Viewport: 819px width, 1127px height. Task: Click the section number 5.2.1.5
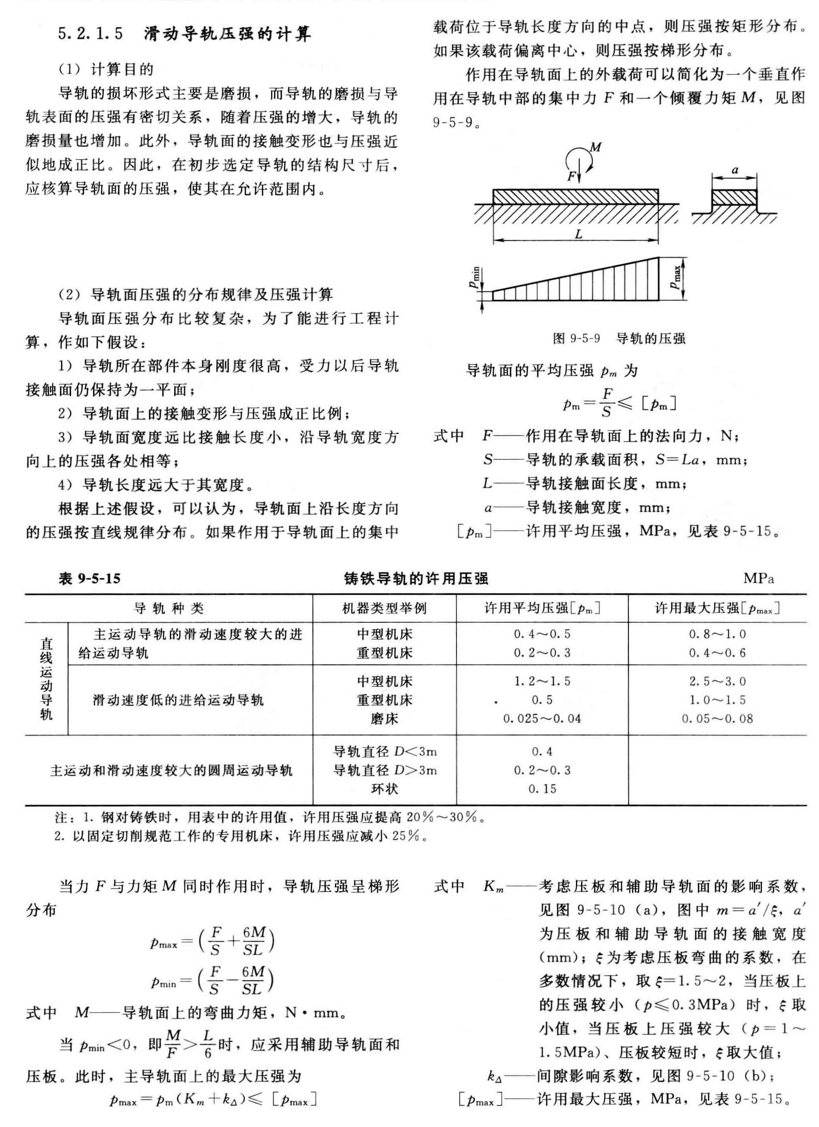[x=91, y=35]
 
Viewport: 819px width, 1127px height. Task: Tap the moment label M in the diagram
[x=595, y=147]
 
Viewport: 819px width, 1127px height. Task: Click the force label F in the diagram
[x=572, y=176]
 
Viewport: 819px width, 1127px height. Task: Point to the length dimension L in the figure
[x=578, y=234]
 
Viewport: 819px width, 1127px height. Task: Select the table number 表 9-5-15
[x=90, y=578]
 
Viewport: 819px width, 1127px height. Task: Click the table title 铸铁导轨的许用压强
[x=416, y=578]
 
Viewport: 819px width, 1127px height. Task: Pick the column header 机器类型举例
[x=384, y=608]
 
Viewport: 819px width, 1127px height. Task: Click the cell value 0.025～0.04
[x=542, y=718]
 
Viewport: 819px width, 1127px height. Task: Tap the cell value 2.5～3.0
[x=717, y=681]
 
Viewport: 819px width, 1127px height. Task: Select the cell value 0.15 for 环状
[x=542, y=789]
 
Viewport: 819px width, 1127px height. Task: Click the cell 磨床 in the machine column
[x=384, y=718]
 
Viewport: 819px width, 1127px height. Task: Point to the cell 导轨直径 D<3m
[x=384, y=751]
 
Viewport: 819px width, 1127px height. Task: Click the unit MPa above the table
[x=758, y=578]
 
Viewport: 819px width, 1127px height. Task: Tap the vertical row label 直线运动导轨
[x=46, y=679]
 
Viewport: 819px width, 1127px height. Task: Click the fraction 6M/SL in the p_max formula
[x=253, y=941]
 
